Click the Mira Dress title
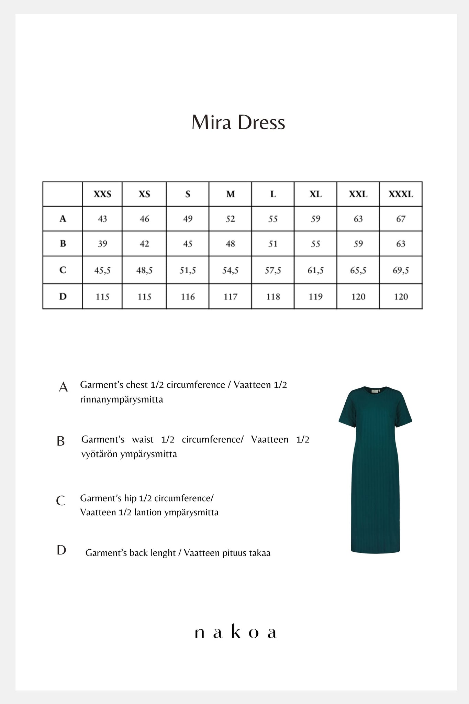tap(238, 123)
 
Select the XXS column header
tap(102, 194)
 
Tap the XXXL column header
tap(401, 194)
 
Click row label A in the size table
tap(63, 219)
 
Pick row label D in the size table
tap(63, 296)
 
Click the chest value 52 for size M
tap(230, 219)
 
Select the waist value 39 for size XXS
tap(102, 244)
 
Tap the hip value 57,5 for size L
tap(273, 270)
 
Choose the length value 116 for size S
tap(188, 297)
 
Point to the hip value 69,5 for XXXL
tap(401, 270)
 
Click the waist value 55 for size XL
tap(315, 244)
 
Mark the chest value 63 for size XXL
tap(358, 219)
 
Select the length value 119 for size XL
tap(315, 297)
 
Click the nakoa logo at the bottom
tap(236, 633)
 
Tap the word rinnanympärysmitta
tap(122, 399)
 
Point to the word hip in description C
tap(132, 498)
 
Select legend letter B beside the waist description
tap(60, 441)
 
